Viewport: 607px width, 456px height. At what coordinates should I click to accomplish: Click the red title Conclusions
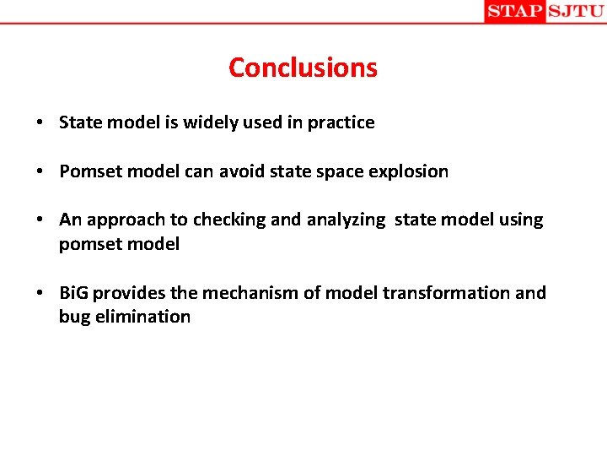pos(303,68)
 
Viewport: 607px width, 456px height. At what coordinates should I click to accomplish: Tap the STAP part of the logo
pos(514,11)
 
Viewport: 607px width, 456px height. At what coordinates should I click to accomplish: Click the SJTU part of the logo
pos(576,11)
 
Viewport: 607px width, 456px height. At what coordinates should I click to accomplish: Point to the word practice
pos(341,123)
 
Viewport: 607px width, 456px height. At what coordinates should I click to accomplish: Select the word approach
pos(126,220)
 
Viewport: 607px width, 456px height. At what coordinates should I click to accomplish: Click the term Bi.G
pos(73,293)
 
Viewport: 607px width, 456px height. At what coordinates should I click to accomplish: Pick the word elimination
pos(142,317)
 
